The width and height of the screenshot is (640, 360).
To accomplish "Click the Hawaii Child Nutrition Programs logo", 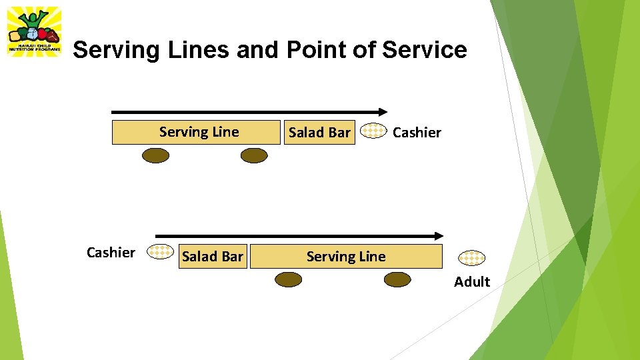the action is pos(34,31).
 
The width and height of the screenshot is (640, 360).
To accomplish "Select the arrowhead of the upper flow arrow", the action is pos(383,111).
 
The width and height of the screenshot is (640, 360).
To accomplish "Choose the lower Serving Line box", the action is pos(346,257).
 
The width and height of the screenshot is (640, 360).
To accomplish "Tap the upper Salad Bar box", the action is pos(319,133).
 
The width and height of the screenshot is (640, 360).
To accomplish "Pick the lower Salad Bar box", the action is pos(213,257).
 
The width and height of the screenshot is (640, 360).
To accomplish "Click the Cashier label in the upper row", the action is pos(417,133).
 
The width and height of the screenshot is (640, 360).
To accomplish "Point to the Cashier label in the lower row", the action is pos(111,252).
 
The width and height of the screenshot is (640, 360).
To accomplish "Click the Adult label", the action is pos(472,281).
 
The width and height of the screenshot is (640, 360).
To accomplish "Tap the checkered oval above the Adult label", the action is pos(471,257).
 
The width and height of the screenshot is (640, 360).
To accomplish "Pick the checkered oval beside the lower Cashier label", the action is pos(160,251).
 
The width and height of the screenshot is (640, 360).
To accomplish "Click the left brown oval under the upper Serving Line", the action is pos(156,155).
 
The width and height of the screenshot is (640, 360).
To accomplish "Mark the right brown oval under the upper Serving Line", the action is pos(253,155).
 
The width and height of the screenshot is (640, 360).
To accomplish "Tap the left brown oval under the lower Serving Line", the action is pos(288,280).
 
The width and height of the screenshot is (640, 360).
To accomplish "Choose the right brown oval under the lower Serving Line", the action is pos(397,280).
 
